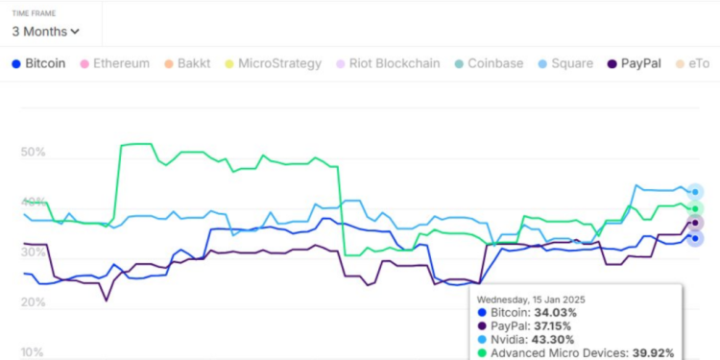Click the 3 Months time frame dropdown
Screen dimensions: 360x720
[x=45, y=31]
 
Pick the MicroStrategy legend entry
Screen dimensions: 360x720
[x=279, y=63]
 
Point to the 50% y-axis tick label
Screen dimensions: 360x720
[x=34, y=153]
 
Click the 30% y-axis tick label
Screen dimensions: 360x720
[x=34, y=252]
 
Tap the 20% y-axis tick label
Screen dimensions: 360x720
[x=34, y=302]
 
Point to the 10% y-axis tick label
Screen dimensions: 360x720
[x=34, y=351]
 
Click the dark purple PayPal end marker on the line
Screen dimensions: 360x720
[x=696, y=223]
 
